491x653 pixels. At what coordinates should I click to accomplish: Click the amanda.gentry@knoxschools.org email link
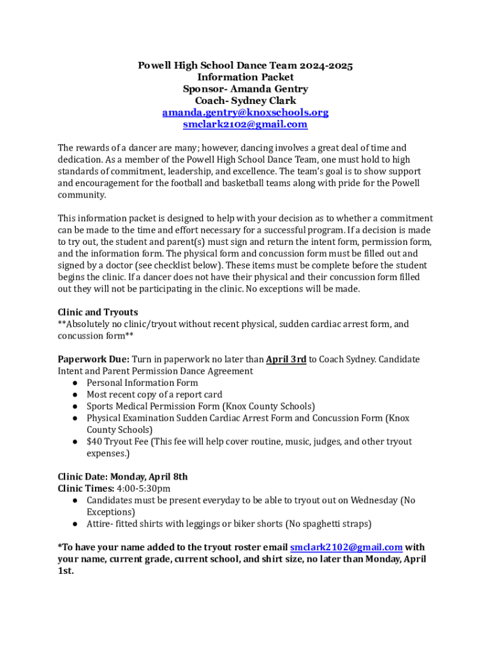(x=246, y=113)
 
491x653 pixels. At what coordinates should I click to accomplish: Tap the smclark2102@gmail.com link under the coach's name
(x=246, y=124)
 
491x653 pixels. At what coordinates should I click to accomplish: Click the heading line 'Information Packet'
(x=246, y=77)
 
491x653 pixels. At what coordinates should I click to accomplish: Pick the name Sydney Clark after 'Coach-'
(x=263, y=101)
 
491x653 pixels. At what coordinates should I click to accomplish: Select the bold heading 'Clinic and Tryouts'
(x=98, y=312)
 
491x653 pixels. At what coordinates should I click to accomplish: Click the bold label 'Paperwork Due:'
(x=93, y=360)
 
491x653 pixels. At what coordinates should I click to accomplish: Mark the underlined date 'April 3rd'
(x=286, y=360)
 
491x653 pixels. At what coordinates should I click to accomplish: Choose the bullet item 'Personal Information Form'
(x=142, y=383)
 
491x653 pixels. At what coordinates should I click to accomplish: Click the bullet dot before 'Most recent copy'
(x=75, y=395)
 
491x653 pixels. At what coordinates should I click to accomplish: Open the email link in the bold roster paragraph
(x=346, y=548)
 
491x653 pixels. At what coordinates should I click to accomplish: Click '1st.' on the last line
(x=66, y=571)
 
